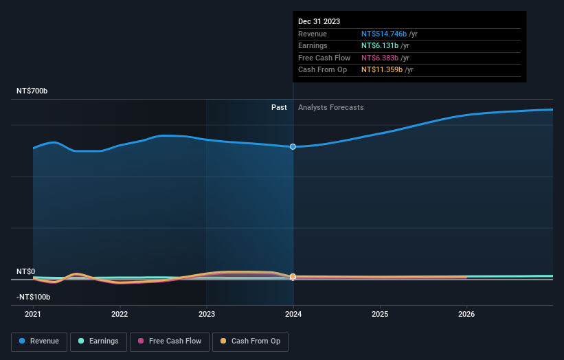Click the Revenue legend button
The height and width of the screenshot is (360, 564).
pos(39,341)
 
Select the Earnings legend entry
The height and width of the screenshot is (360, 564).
pos(98,341)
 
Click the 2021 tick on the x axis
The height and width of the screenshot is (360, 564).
pos(33,315)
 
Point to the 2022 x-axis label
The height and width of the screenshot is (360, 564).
pos(120,315)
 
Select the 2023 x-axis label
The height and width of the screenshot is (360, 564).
pos(207,315)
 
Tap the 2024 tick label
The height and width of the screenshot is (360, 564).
pos(293,315)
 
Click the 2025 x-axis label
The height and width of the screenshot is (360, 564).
pos(380,315)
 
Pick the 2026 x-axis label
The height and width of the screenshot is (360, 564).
pos(466,315)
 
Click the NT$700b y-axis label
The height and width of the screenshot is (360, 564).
pos(32,91)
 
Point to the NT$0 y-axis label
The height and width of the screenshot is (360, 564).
pos(25,272)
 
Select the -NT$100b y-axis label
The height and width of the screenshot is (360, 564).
pos(34,297)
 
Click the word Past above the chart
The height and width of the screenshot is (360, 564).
pos(279,107)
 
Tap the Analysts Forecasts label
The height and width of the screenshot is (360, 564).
pos(330,107)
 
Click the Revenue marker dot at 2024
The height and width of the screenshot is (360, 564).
pos(293,146)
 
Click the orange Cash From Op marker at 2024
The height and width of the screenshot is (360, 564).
pos(293,277)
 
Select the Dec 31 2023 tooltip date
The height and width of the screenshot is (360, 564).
pos(319,22)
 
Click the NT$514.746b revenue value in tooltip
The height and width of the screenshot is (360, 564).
pos(384,34)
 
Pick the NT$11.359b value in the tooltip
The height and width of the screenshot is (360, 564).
pos(382,70)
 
